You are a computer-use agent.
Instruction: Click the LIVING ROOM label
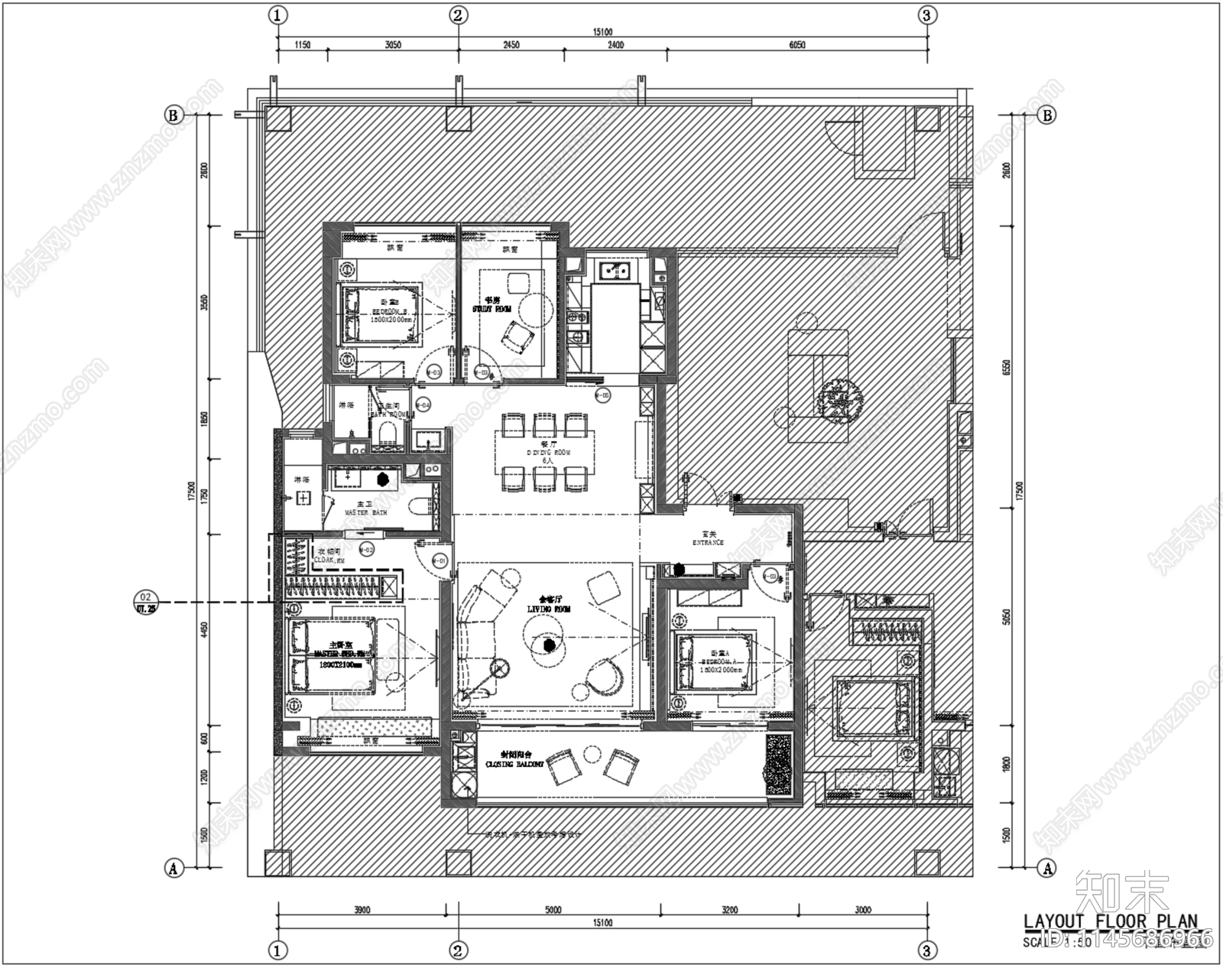(543, 609)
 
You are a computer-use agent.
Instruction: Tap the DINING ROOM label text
(545, 453)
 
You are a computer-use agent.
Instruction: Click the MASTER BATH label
(365, 512)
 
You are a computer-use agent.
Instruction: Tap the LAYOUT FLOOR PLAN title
(1110, 921)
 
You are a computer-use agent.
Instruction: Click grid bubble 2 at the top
(458, 14)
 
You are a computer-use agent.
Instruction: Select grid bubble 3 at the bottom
(927, 951)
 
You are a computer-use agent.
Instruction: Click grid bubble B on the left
(174, 115)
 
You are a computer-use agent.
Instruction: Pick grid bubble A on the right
(1046, 868)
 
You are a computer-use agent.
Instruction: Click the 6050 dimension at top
(796, 45)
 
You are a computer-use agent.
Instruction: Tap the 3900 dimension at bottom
(362, 910)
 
